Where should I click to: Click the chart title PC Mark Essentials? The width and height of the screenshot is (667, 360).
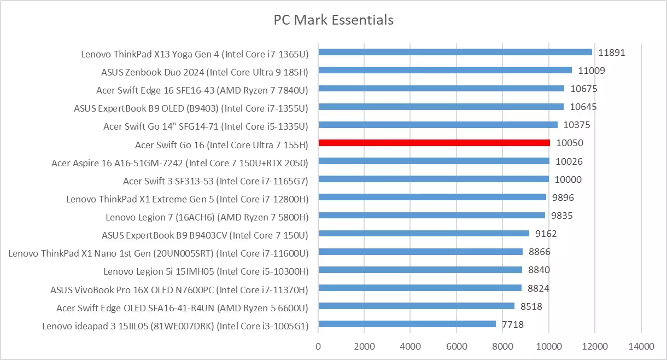coord(333,20)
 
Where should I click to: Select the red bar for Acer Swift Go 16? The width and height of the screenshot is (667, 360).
coord(434,143)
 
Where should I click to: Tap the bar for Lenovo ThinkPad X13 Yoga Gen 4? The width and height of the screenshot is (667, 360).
coord(455,52)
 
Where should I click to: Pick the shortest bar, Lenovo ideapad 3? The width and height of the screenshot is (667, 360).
coord(407,324)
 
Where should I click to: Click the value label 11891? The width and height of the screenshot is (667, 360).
coord(611,53)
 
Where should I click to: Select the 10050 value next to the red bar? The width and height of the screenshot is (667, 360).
coord(570,143)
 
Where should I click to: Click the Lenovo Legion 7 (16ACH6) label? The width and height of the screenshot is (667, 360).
coord(207,217)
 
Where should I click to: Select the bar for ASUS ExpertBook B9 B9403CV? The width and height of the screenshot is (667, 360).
coord(424,233)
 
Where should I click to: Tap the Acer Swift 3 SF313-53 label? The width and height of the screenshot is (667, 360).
coord(215,181)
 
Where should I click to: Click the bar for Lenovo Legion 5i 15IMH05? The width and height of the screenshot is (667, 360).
coord(420,269)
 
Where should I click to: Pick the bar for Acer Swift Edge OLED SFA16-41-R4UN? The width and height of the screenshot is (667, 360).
coord(416,306)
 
